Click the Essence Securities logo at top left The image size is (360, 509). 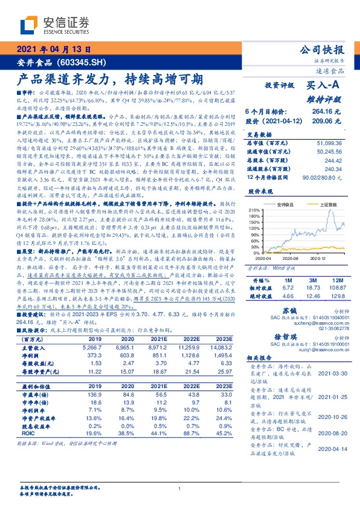54,25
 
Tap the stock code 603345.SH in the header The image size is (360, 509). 86,62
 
